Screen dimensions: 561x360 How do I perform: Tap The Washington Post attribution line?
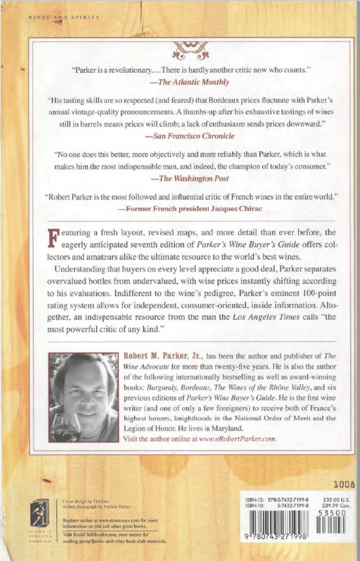point(192,178)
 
